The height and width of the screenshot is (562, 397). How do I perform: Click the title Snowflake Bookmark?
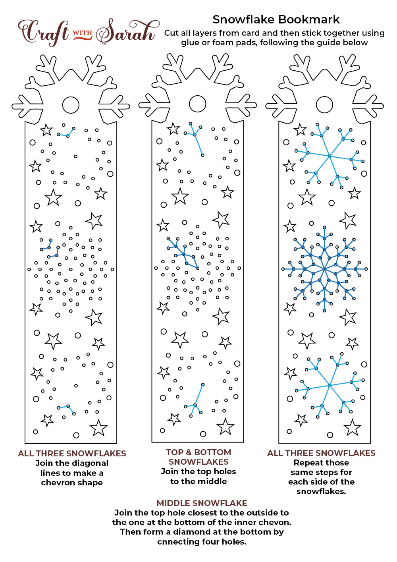tap(276, 19)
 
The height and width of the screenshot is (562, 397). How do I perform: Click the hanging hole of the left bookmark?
tap(71, 105)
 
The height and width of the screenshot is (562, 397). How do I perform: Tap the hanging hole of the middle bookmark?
tap(198, 104)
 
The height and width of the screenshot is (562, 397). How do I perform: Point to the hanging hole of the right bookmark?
tap(324, 105)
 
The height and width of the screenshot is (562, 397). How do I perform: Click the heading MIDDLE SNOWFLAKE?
tap(202, 503)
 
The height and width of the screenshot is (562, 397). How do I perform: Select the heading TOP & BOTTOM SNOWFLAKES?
tap(198, 457)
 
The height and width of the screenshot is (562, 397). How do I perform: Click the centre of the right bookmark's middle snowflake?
tap(325, 269)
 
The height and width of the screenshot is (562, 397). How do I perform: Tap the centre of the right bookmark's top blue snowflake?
tap(329, 156)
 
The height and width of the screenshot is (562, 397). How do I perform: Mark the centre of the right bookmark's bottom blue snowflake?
tap(330, 385)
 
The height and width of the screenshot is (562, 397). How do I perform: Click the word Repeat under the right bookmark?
tap(307, 463)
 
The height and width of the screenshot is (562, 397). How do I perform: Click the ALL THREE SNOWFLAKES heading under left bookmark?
tap(72, 453)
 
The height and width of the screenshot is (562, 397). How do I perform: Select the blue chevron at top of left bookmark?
tap(66, 133)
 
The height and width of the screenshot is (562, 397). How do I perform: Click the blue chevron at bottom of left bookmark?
tap(67, 409)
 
